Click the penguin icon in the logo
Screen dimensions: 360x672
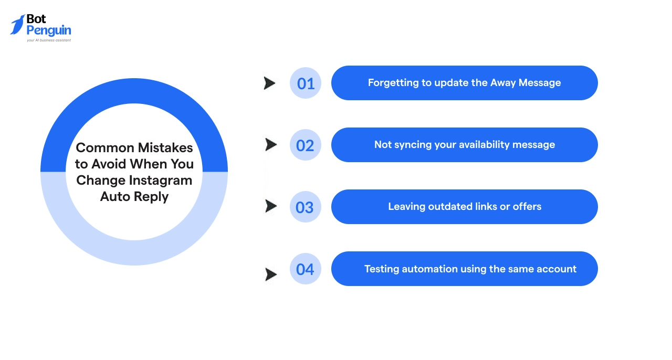18,24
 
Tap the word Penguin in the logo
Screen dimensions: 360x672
49,30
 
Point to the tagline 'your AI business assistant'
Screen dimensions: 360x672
49,40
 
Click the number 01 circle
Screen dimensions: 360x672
306,83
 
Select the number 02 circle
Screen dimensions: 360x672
305,145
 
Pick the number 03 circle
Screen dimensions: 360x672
305,207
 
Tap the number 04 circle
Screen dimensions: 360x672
305,269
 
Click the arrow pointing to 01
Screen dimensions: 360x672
269,83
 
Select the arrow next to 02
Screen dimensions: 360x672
271,145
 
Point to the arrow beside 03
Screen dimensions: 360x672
271,206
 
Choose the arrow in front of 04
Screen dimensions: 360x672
271,274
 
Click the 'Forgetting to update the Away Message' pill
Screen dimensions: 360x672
464,83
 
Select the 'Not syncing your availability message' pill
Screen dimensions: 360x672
464,145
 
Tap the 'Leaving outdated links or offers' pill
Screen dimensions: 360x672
464,207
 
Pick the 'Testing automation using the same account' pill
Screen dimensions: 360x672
464,269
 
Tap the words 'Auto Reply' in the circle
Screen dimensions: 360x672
134,197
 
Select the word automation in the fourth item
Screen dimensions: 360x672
429,269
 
